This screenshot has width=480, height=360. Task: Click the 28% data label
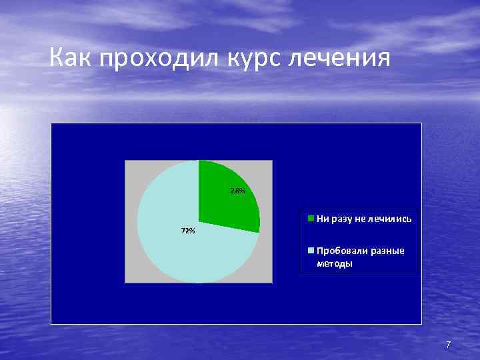238,191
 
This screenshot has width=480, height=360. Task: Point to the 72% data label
188,231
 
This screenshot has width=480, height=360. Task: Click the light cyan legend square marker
311,251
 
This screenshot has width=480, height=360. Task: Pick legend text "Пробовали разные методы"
360,257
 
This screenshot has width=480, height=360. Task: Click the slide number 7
448,345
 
